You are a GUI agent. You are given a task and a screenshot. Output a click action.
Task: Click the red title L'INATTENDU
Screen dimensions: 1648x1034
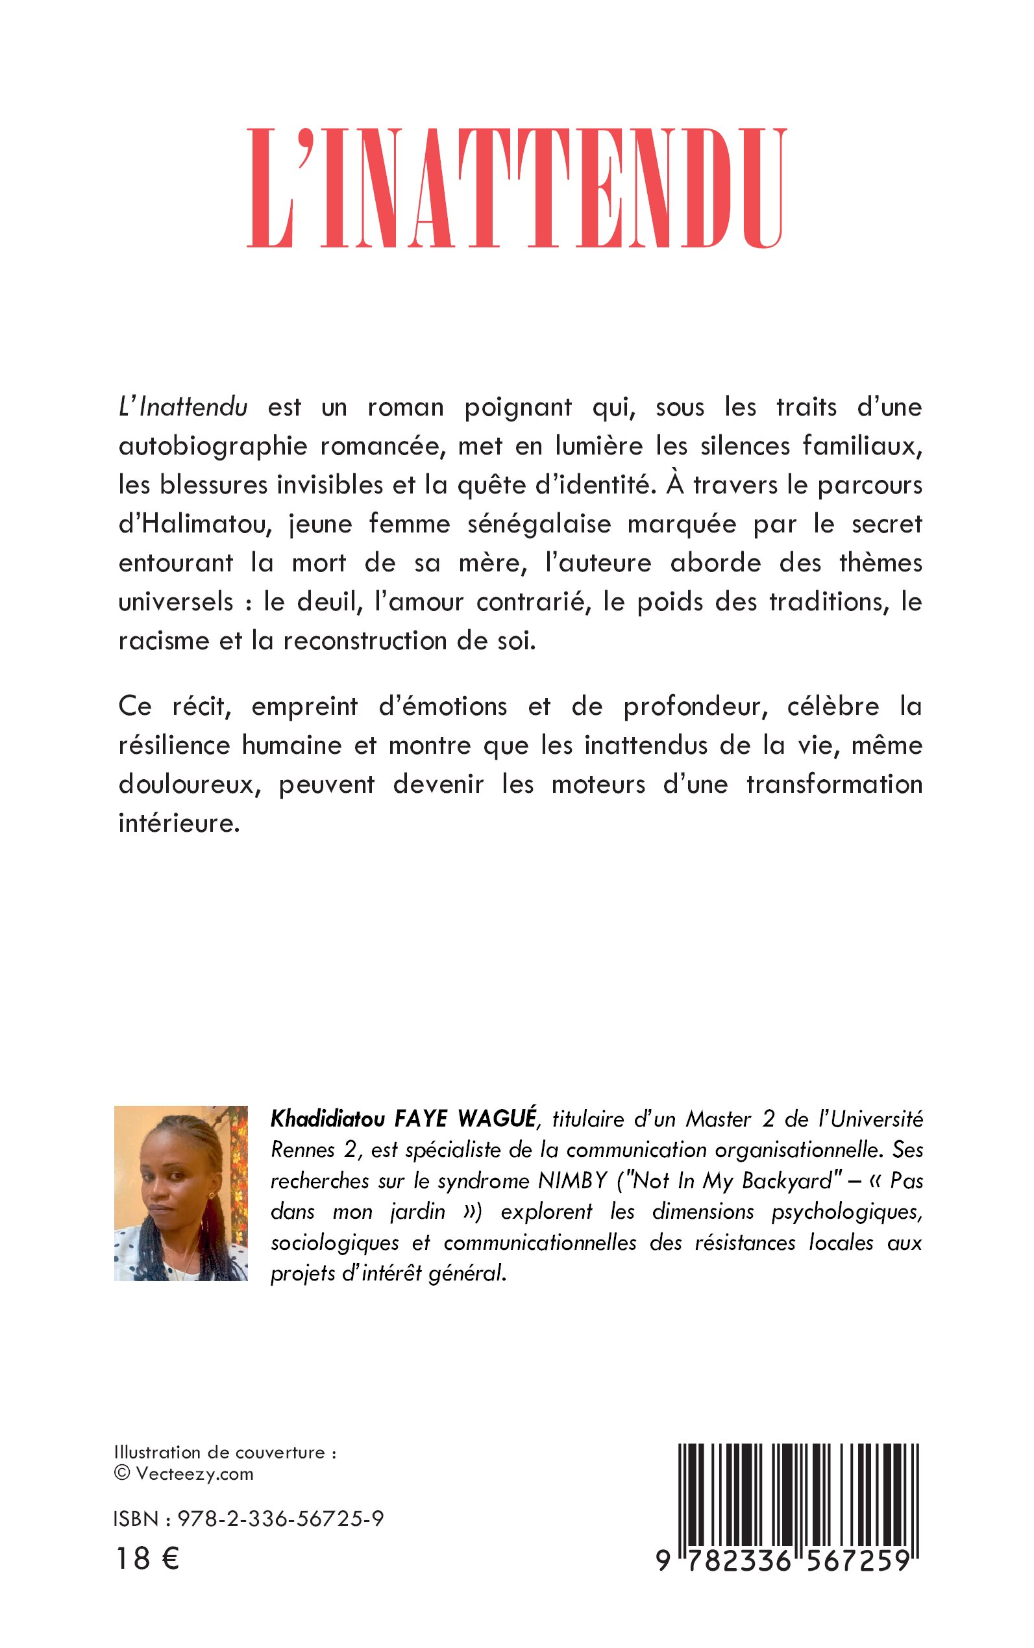[517, 188]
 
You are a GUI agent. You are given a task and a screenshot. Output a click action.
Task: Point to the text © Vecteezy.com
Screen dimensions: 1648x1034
[184, 1473]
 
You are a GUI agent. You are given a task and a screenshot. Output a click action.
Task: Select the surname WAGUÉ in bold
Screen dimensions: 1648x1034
[497, 1119]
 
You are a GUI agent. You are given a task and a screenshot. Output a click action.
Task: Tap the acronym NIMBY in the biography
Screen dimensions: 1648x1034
[572, 1180]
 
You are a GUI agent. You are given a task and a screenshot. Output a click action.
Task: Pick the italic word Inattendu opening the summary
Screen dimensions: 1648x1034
[193, 407]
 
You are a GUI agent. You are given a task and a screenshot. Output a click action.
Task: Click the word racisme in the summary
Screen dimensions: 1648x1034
[163, 641]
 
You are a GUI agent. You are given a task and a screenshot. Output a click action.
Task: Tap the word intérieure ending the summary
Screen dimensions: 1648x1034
[179, 823]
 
